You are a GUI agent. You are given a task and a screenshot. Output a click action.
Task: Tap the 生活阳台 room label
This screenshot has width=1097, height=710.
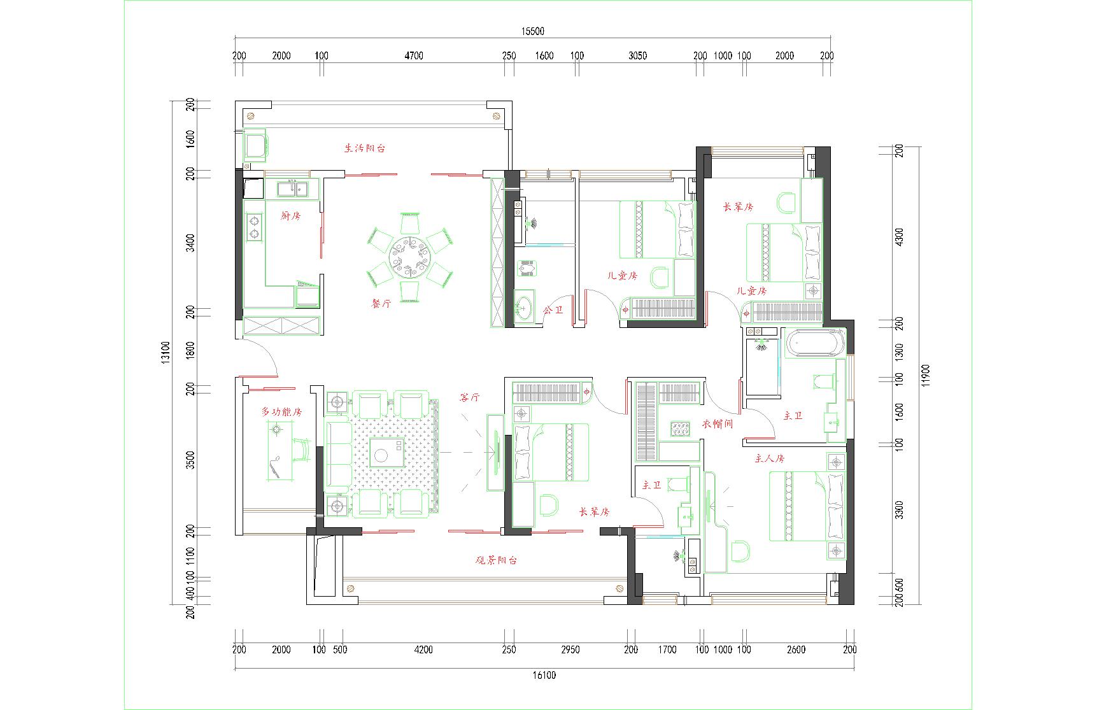(365, 148)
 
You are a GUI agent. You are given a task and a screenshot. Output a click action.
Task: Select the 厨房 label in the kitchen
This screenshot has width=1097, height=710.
(290, 216)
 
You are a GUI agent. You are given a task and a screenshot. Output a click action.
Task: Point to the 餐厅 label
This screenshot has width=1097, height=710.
(381, 304)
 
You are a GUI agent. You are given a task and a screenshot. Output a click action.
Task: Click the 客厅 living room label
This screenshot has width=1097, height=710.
(469, 397)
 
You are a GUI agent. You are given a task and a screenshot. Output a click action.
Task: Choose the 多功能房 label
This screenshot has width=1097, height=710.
(281, 412)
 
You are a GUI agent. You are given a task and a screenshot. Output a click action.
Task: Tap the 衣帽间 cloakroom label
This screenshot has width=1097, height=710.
(718, 423)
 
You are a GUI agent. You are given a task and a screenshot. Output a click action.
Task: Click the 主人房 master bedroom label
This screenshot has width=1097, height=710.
(770, 458)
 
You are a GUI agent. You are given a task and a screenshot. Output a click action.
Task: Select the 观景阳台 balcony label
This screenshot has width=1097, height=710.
(497, 560)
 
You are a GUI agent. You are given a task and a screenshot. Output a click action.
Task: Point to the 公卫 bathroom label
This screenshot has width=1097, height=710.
(553, 310)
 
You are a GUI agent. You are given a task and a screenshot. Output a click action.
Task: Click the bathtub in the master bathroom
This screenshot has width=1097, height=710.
(816, 344)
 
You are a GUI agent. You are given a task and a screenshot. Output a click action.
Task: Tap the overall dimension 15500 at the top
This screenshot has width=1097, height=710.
(532, 31)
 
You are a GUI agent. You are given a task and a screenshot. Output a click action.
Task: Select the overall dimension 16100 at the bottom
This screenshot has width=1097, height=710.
(544, 676)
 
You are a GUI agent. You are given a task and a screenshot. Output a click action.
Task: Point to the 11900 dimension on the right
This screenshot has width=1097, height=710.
(926, 376)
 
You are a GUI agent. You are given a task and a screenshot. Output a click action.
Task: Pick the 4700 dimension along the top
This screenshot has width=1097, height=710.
(414, 55)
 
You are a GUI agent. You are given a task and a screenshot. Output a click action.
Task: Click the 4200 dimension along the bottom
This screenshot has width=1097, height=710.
(423, 650)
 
